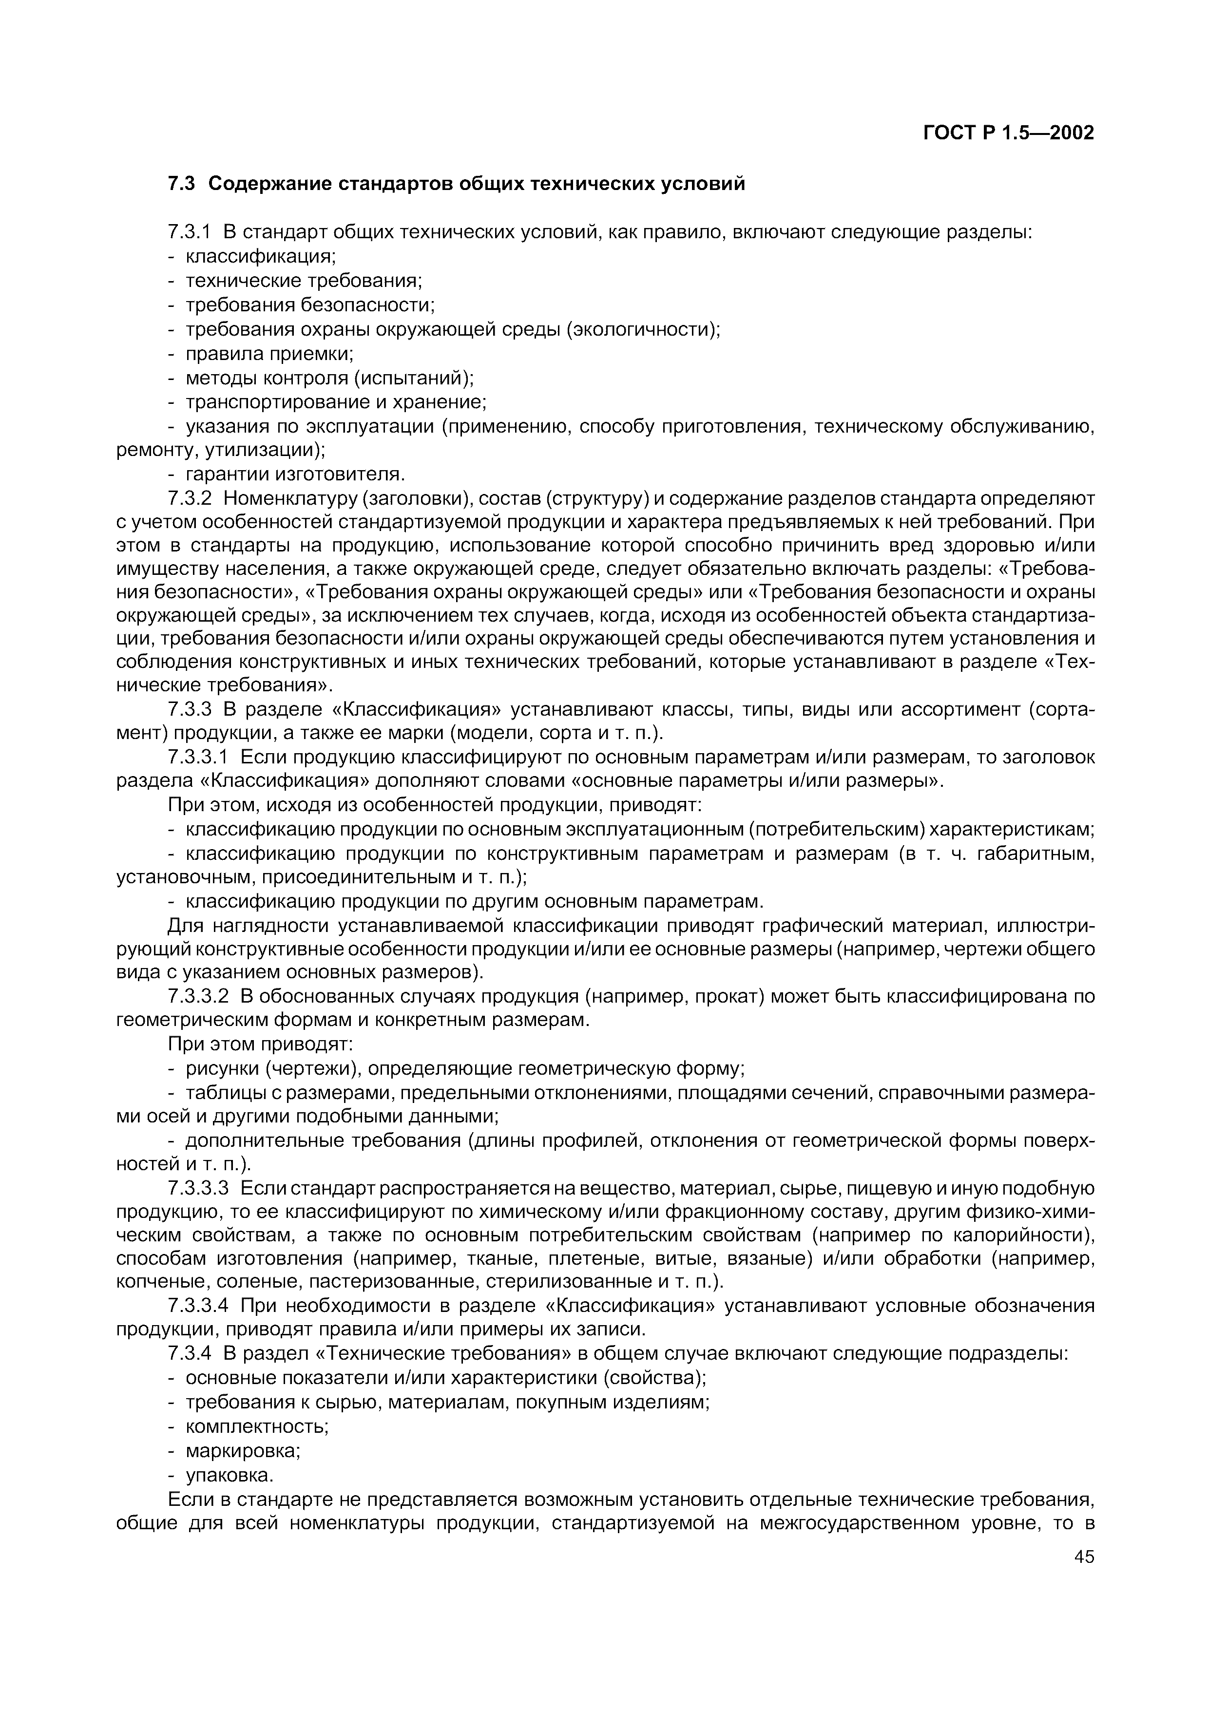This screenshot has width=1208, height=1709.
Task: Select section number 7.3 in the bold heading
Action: [181, 183]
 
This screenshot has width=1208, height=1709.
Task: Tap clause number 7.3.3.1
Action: [199, 757]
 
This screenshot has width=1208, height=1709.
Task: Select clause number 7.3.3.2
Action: [199, 996]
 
